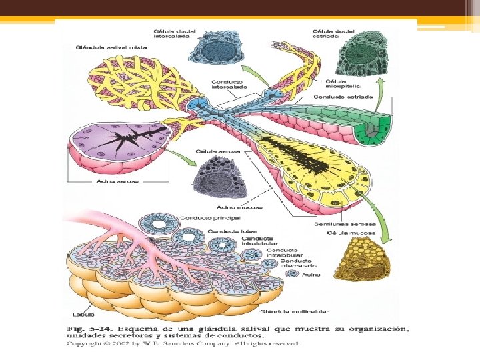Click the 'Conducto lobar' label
point(229,231)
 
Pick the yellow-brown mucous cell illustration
point(359,267)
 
